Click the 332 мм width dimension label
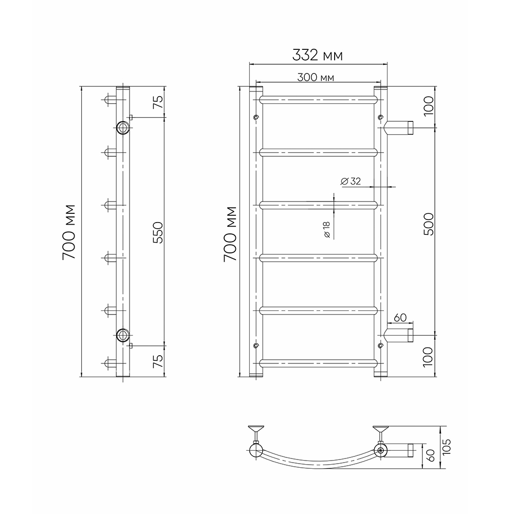point(317,55)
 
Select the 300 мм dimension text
point(316,78)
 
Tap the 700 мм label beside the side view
point(69,232)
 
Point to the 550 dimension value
point(158,232)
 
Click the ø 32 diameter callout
point(351,181)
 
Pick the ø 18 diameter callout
point(327,229)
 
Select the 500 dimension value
point(428,224)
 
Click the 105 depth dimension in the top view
point(447,447)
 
